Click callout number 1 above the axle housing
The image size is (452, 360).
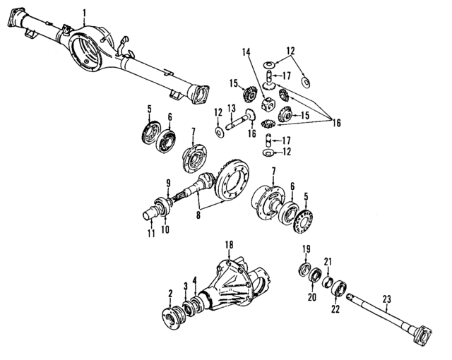click(x=85, y=12)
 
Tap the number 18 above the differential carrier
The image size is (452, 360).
click(x=228, y=244)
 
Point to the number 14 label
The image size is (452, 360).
click(x=246, y=52)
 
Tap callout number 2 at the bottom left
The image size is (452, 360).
click(x=170, y=293)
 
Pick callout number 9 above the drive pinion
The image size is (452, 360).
click(x=168, y=184)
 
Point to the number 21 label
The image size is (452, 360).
click(x=328, y=263)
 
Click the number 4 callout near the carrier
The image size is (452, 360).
click(x=195, y=281)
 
